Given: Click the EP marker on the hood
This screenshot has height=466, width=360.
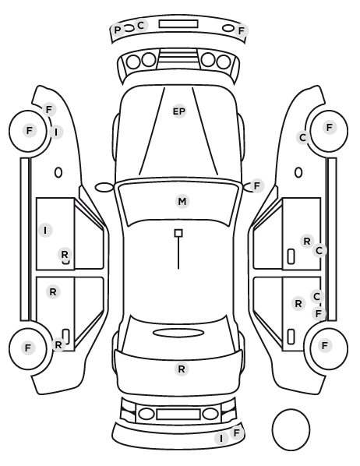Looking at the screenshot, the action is [x=179, y=111].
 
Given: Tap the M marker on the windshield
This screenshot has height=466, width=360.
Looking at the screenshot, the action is [x=182, y=202].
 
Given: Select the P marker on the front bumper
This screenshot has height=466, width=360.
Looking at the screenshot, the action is [x=118, y=30].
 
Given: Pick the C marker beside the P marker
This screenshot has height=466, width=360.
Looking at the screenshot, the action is [x=141, y=25].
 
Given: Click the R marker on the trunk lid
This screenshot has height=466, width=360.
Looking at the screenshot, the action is [x=182, y=369].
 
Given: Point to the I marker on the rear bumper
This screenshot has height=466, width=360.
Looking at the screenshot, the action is [x=221, y=439].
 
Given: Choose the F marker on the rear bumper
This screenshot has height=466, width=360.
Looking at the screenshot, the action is [x=237, y=433].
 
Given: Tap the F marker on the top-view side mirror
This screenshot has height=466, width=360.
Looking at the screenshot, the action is [x=257, y=186].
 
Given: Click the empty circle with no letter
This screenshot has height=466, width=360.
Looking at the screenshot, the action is [x=291, y=429].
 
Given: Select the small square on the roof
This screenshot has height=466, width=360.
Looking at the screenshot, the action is [x=178, y=233].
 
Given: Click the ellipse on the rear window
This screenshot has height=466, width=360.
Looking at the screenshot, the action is [x=178, y=333].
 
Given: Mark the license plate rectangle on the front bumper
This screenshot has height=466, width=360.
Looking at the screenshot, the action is [x=178, y=24].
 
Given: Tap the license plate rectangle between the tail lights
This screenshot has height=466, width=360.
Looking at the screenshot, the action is [x=178, y=414].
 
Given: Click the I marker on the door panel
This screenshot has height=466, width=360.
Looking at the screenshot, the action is [x=45, y=231].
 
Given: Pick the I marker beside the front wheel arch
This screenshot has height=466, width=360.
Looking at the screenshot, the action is [x=56, y=132].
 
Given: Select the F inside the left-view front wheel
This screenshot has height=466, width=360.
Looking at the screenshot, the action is [x=29, y=130].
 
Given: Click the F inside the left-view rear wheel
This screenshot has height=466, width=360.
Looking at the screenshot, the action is [x=28, y=348].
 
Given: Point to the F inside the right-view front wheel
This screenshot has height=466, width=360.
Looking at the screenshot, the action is [x=330, y=128].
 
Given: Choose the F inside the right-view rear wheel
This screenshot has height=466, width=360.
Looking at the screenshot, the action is [x=325, y=345].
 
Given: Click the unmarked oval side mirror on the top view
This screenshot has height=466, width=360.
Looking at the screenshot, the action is [x=104, y=188].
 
